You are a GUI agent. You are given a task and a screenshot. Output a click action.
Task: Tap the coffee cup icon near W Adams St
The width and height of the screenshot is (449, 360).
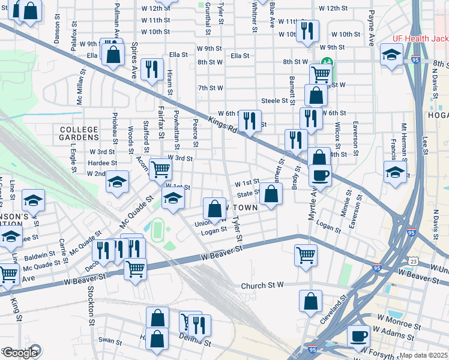tap(359, 336)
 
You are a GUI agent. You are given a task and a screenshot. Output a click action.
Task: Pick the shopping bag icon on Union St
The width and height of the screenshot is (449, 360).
tap(214, 209)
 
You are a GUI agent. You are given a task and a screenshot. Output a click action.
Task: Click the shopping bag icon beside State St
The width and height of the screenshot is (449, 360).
tap(271, 194)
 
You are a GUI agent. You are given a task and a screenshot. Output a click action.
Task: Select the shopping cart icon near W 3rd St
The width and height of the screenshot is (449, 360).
tap(161, 170)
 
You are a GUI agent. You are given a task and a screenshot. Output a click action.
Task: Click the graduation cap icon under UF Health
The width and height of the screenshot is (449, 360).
tap(392, 56)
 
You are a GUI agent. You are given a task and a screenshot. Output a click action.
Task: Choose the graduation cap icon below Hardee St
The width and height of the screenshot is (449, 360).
tap(117, 181)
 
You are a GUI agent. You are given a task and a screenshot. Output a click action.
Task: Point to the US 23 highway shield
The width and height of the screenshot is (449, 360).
tap(413, 260)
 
